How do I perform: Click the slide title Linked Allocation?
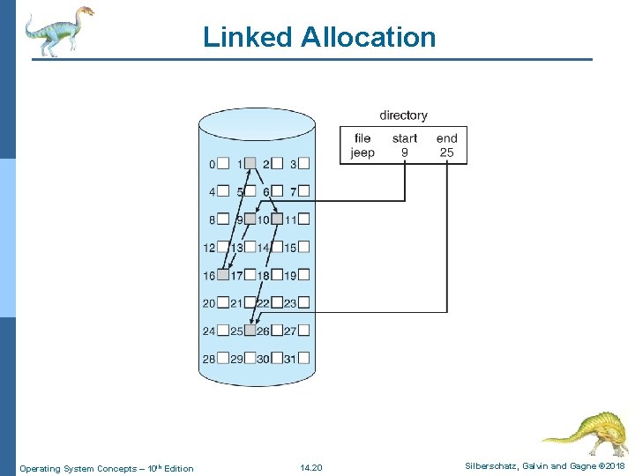point(318,37)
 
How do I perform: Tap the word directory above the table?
point(403,115)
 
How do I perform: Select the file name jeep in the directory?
point(362,152)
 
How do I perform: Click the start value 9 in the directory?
point(404,152)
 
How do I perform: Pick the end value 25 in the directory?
point(446,152)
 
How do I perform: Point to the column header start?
point(404,138)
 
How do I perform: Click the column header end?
point(446,138)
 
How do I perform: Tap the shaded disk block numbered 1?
point(250,163)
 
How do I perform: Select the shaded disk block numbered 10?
point(277,219)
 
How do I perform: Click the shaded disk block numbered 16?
point(223,275)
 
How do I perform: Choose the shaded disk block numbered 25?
point(250,331)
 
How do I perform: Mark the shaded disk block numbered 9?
point(250,219)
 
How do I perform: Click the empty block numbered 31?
point(304,359)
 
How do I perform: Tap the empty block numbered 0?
point(223,163)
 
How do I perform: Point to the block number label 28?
point(209,360)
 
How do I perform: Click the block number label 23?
point(290,303)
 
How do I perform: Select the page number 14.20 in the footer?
point(311,467)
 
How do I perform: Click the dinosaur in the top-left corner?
point(57,30)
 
